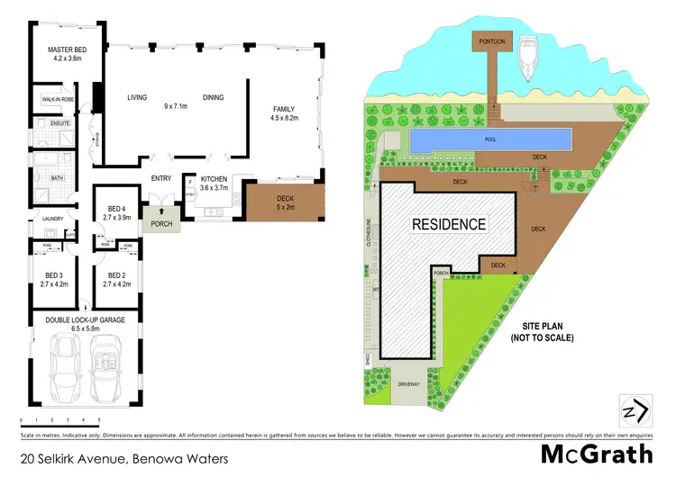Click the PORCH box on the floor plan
[x=162, y=224]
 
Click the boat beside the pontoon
[x=529, y=60]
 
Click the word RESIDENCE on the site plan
[x=450, y=224]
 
